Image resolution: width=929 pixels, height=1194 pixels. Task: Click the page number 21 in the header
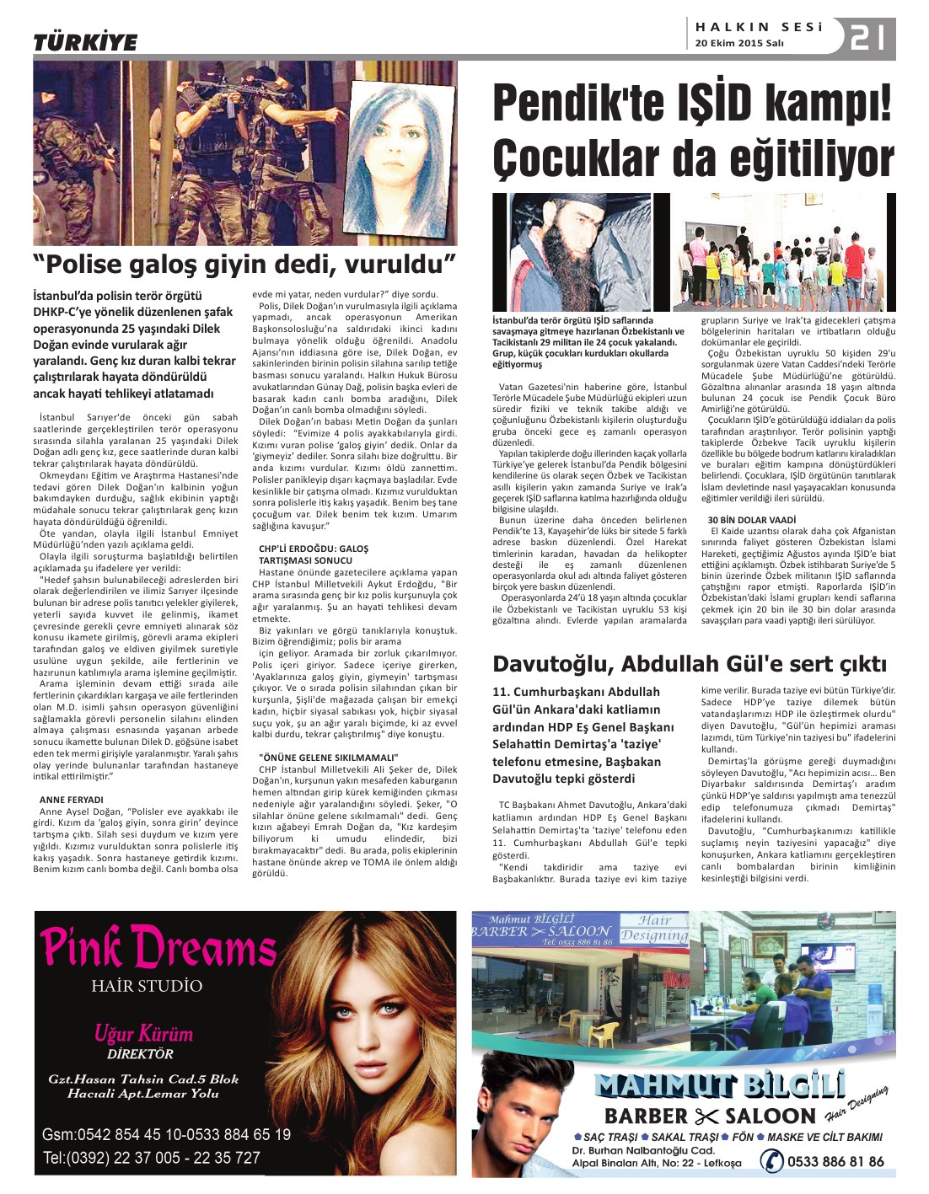point(867,38)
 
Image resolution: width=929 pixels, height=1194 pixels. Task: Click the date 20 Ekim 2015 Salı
point(739,44)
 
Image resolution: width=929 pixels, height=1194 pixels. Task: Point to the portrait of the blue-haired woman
point(400,156)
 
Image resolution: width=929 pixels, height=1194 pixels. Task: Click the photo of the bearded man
point(579,252)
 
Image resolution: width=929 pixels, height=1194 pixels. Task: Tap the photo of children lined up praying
point(784,253)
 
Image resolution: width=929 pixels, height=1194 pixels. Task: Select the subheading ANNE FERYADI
point(72,799)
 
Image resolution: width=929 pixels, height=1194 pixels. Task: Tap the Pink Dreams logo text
point(158,946)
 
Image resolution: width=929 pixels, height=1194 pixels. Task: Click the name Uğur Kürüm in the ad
point(143,1034)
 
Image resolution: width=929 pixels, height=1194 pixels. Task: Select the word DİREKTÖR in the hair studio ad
point(140,1053)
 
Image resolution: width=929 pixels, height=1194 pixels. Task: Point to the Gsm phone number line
point(166,1135)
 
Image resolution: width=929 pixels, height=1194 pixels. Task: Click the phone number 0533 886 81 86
point(835,1161)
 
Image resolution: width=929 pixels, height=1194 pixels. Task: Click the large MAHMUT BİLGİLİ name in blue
point(719,1085)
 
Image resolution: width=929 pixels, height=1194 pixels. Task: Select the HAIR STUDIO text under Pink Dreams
point(147,985)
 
